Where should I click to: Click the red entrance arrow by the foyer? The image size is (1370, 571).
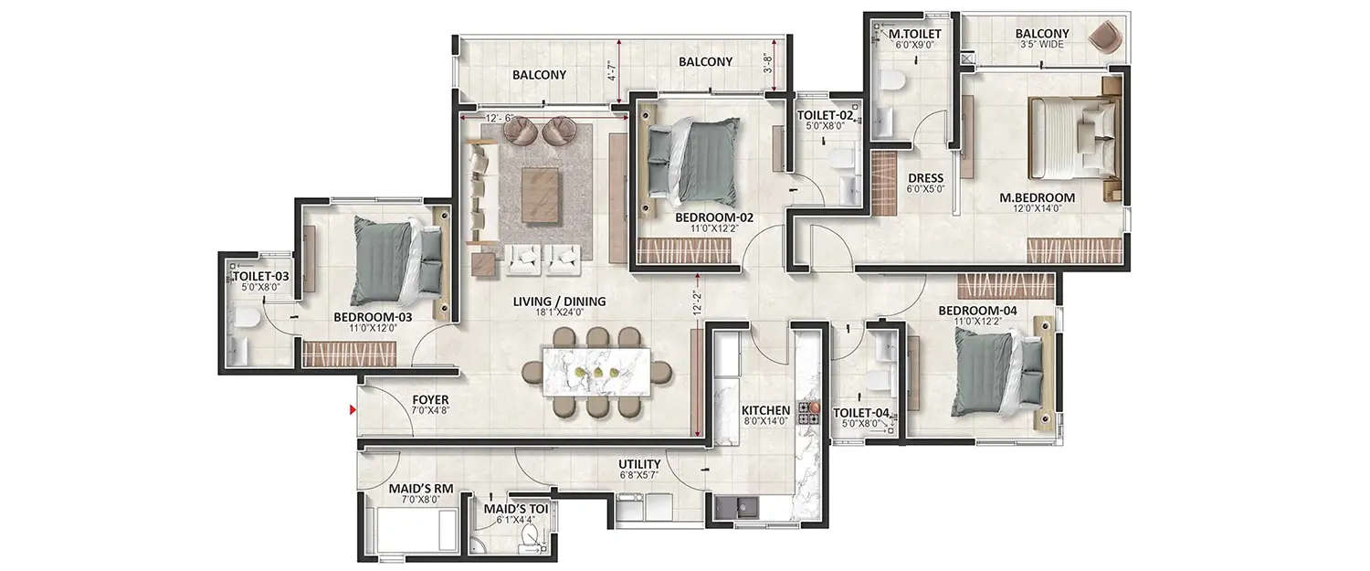(x=353, y=410)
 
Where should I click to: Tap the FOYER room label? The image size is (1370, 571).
(x=430, y=400)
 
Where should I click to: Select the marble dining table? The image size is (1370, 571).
(x=597, y=373)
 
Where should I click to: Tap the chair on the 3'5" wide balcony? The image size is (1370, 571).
(x=1105, y=38)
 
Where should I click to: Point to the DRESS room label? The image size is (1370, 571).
(x=925, y=178)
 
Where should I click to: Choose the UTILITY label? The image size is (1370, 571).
(x=639, y=464)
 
